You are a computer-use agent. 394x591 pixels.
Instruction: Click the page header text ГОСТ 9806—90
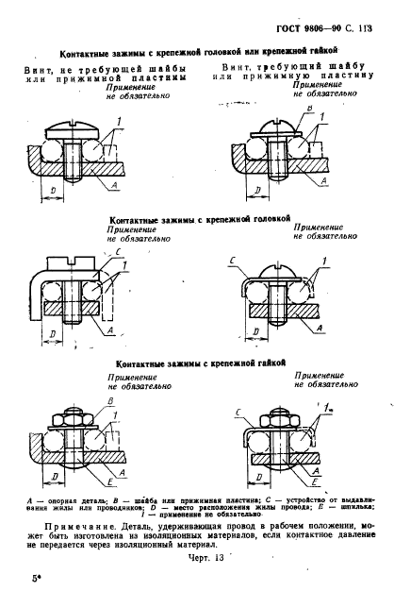[x=306, y=28]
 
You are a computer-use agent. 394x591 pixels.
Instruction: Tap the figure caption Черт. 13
[x=205, y=558]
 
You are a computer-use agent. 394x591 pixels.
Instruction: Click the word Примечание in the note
[x=76, y=526]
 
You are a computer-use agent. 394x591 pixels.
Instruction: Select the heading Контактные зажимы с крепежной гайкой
[x=201, y=363]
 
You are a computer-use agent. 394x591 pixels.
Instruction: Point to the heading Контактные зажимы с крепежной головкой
[x=200, y=219]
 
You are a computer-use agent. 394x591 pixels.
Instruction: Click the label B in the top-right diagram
[x=310, y=109]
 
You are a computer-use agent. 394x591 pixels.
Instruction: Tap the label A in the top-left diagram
[x=115, y=185]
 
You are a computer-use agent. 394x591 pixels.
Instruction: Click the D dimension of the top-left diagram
[x=53, y=191]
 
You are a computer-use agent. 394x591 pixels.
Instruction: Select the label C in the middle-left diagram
[x=118, y=252]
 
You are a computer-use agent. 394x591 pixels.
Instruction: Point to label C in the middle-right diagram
[x=232, y=261]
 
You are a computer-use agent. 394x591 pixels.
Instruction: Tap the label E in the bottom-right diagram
[x=316, y=482]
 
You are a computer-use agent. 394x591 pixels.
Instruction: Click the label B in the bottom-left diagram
[x=110, y=402]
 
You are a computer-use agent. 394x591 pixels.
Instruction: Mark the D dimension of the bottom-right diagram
[x=259, y=478]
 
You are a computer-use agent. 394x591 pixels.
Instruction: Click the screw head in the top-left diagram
[x=72, y=130]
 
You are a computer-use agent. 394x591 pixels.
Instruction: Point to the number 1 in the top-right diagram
[x=322, y=118]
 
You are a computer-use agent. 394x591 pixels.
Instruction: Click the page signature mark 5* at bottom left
[x=36, y=578]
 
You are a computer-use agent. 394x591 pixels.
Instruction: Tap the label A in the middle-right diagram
[x=320, y=328]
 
